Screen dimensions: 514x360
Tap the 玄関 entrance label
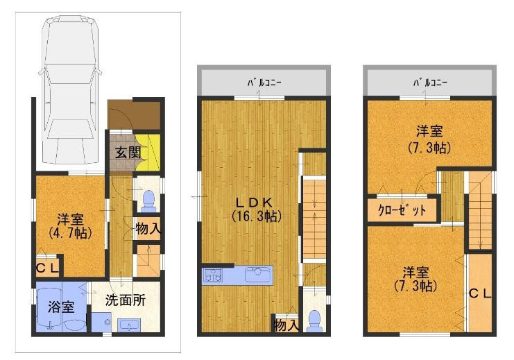point(128,153)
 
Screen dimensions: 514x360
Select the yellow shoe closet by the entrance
point(148,153)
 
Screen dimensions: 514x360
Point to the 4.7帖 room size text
point(70,233)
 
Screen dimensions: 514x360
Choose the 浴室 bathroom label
point(61,307)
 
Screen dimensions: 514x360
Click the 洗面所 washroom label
point(126,300)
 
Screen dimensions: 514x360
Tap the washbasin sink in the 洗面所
point(129,325)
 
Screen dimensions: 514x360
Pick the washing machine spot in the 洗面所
point(101,322)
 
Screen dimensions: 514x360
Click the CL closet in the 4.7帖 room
point(48,268)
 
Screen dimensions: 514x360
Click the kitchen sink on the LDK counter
point(259,275)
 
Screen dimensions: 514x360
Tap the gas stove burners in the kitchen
point(212,275)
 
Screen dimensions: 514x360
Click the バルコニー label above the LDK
point(264,83)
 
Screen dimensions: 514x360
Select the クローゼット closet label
point(402,209)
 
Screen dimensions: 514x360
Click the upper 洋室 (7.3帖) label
point(429,139)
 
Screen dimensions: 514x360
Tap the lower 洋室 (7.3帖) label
point(416,279)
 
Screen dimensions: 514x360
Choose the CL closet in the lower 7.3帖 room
point(479,293)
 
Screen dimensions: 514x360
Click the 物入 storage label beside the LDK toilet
point(286,325)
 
